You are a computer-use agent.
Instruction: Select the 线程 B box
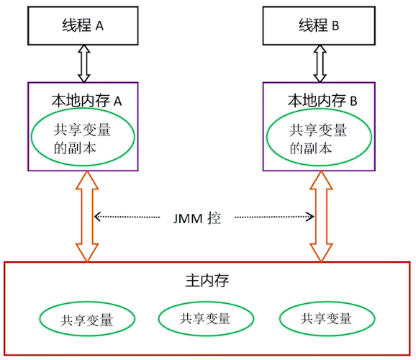(321, 26)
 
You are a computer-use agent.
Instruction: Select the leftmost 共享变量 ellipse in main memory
(87, 319)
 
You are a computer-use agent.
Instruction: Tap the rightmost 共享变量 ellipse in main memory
(326, 318)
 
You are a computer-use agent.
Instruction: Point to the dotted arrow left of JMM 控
(130, 216)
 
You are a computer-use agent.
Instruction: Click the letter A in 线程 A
(99, 26)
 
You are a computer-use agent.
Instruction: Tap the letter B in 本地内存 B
(353, 101)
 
